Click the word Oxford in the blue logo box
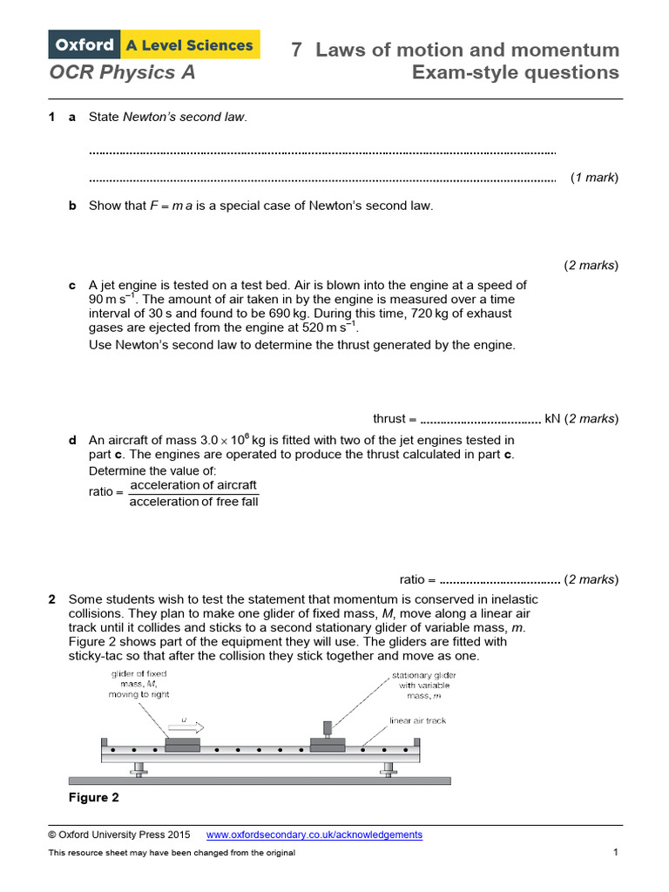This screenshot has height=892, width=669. tap(85, 44)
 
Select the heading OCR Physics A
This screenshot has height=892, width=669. tap(122, 72)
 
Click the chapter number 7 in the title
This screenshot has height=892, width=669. tap(296, 50)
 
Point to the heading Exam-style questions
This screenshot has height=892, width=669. tap(516, 72)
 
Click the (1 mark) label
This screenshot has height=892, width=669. tap(594, 178)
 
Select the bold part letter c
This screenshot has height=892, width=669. tap(72, 285)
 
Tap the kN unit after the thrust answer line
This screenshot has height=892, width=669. tap(553, 418)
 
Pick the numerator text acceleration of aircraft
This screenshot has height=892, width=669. tap(193, 485)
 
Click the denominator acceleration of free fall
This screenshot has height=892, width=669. tap(193, 501)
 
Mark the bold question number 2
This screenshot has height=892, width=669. tap(52, 599)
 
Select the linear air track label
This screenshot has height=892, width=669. tap(417, 720)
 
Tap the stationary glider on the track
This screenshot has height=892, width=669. tap(328, 743)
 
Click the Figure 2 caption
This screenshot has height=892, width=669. tap(93, 797)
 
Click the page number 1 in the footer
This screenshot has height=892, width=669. tap(615, 852)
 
